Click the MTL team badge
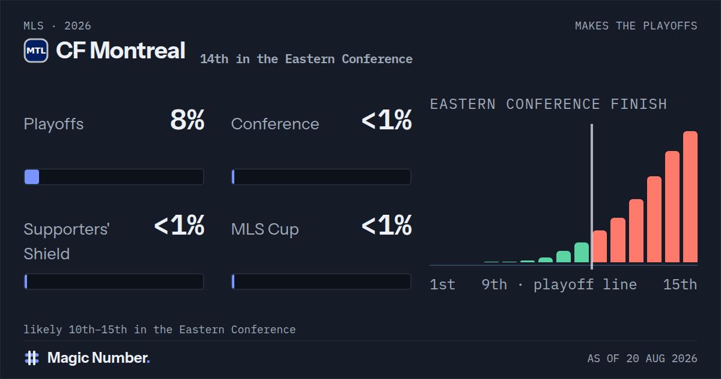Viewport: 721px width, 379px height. [36, 51]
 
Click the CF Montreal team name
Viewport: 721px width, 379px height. [121, 51]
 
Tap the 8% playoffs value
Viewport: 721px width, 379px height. [187, 120]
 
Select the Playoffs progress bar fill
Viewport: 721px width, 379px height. [32, 177]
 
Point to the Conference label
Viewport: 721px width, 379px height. [275, 124]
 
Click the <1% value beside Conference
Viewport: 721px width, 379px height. [386, 120]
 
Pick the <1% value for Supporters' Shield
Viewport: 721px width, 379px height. [179, 225]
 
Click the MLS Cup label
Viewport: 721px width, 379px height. [265, 229]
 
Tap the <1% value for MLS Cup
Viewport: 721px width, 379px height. [386, 225]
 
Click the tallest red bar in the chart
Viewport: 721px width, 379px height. [690, 197]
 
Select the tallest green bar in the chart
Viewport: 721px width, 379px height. [582, 253]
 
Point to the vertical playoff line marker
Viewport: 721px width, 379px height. [592, 197]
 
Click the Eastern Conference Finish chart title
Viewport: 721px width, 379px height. [549, 104]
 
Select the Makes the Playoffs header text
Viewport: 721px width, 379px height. [636, 26]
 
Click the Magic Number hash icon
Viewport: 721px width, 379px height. [32, 358]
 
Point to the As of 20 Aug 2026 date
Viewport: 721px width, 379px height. [642, 359]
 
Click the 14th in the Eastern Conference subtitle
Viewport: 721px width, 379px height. [306, 60]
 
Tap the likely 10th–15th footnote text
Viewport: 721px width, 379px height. [160, 330]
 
